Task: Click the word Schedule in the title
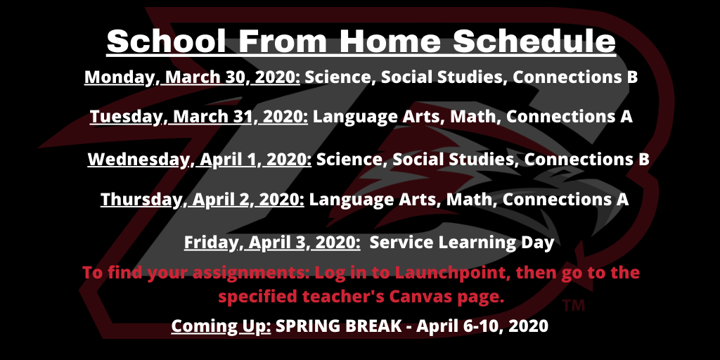[x=534, y=41]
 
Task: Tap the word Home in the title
[x=390, y=41]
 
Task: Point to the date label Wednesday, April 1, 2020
[x=200, y=160]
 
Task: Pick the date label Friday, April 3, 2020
[x=272, y=243]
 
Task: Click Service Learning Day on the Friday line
[x=462, y=243]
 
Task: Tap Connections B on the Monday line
[x=575, y=77]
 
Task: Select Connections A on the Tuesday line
[x=570, y=117]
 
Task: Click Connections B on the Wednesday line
[x=587, y=160]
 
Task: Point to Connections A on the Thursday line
[x=565, y=199]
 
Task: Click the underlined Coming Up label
[x=221, y=326]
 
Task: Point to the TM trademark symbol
[x=574, y=306]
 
